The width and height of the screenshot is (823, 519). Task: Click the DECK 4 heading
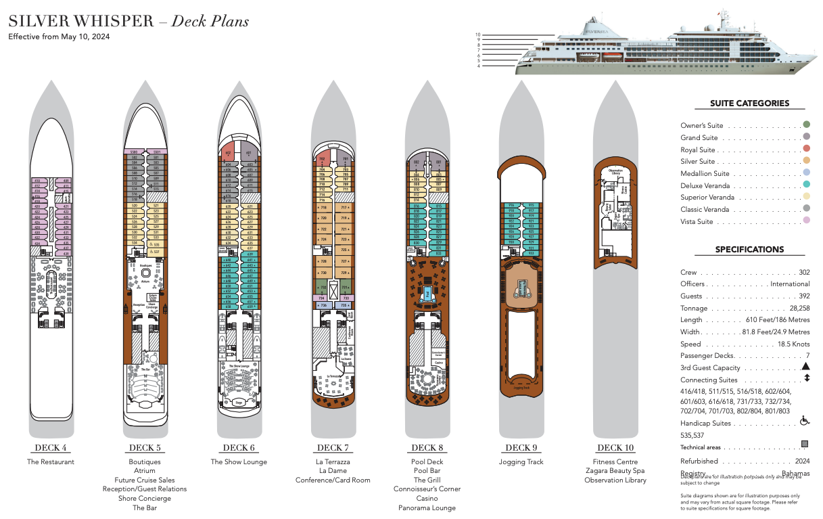(51, 447)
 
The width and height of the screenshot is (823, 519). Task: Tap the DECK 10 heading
(615, 447)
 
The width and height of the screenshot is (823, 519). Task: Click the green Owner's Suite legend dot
(806, 125)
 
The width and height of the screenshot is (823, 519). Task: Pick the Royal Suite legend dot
(806, 149)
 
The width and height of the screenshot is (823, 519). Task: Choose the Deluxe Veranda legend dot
(806, 185)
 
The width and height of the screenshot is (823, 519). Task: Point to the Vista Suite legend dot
(806, 221)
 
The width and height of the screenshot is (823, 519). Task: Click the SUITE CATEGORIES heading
(749, 104)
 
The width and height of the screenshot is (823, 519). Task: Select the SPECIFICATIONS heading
(749, 249)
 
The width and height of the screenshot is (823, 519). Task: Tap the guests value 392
(803, 296)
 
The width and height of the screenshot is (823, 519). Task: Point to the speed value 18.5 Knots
(793, 344)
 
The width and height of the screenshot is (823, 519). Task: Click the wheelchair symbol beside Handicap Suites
(805, 421)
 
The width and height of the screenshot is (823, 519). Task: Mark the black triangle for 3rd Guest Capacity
(805, 366)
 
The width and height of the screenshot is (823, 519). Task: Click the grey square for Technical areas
(805, 445)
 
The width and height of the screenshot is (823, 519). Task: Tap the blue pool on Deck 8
(427, 294)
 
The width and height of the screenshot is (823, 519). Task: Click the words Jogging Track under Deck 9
(521, 462)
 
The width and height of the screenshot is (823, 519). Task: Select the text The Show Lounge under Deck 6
(239, 462)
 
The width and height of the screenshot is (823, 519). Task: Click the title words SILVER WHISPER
(81, 21)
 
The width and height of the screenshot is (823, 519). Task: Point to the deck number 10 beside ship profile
(477, 35)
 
